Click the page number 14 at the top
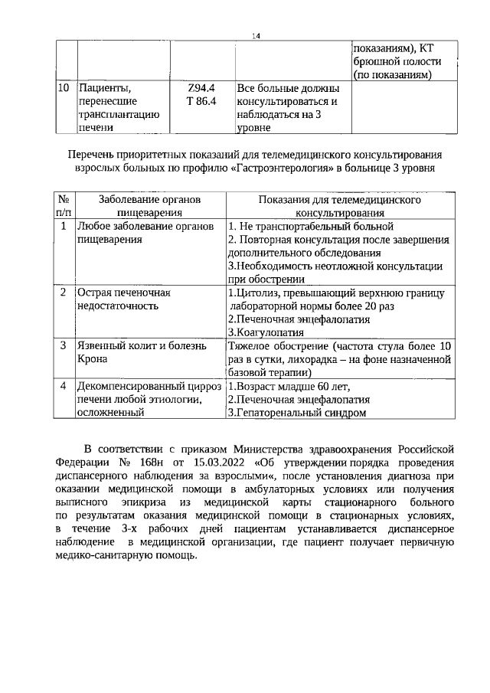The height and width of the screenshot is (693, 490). click(x=256, y=36)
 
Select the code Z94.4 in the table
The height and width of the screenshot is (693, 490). click(x=201, y=87)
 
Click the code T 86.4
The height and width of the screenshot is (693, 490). click(x=201, y=101)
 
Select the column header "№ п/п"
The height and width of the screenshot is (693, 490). click(x=65, y=206)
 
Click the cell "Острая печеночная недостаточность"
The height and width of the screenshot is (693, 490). click(x=122, y=299)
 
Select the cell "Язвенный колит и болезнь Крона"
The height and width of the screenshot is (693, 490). click(x=142, y=352)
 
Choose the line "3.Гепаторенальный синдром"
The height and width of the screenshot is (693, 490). click(x=296, y=413)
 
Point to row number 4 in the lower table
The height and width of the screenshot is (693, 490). click(x=64, y=386)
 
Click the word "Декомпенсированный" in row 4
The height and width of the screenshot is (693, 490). click(x=129, y=386)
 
